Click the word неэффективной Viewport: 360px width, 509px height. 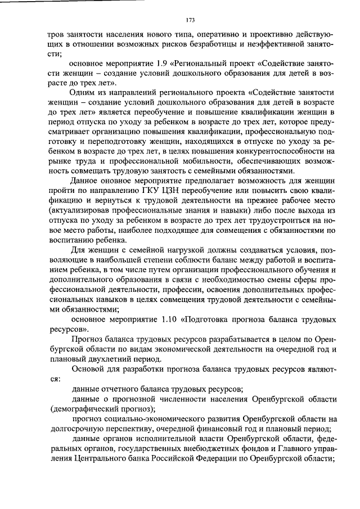point(282,44)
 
